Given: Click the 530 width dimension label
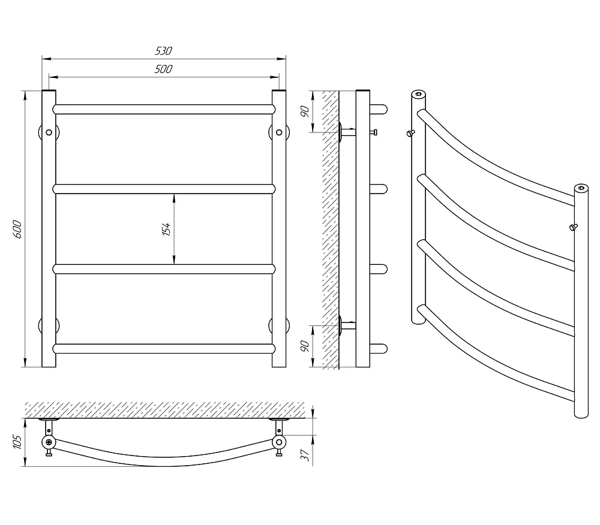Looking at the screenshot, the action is [x=164, y=51].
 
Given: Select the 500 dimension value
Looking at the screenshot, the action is [x=164, y=69].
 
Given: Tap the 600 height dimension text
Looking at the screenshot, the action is [x=17, y=229].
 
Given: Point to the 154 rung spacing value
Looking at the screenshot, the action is [x=166, y=229].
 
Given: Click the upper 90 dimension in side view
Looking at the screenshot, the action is [x=305, y=111].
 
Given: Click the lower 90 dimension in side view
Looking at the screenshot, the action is [x=305, y=346].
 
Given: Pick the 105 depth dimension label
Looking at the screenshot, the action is [x=17, y=442].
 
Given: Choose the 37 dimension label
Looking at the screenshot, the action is [x=305, y=455].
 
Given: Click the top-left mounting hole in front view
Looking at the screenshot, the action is [x=49, y=132].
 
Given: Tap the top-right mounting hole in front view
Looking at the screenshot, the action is [x=279, y=132].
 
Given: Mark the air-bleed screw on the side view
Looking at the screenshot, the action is [x=373, y=132].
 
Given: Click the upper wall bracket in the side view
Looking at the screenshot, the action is [x=347, y=132].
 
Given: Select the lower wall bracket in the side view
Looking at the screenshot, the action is [x=347, y=326].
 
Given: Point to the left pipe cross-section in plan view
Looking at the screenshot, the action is [x=49, y=442].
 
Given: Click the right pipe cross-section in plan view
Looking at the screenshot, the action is [x=279, y=442].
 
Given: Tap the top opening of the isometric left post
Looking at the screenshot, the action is [x=419, y=94].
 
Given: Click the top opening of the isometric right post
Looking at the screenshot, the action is [x=581, y=188].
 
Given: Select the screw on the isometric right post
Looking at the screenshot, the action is [x=573, y=227].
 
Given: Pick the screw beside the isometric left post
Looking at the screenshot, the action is [x=410, y=133].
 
